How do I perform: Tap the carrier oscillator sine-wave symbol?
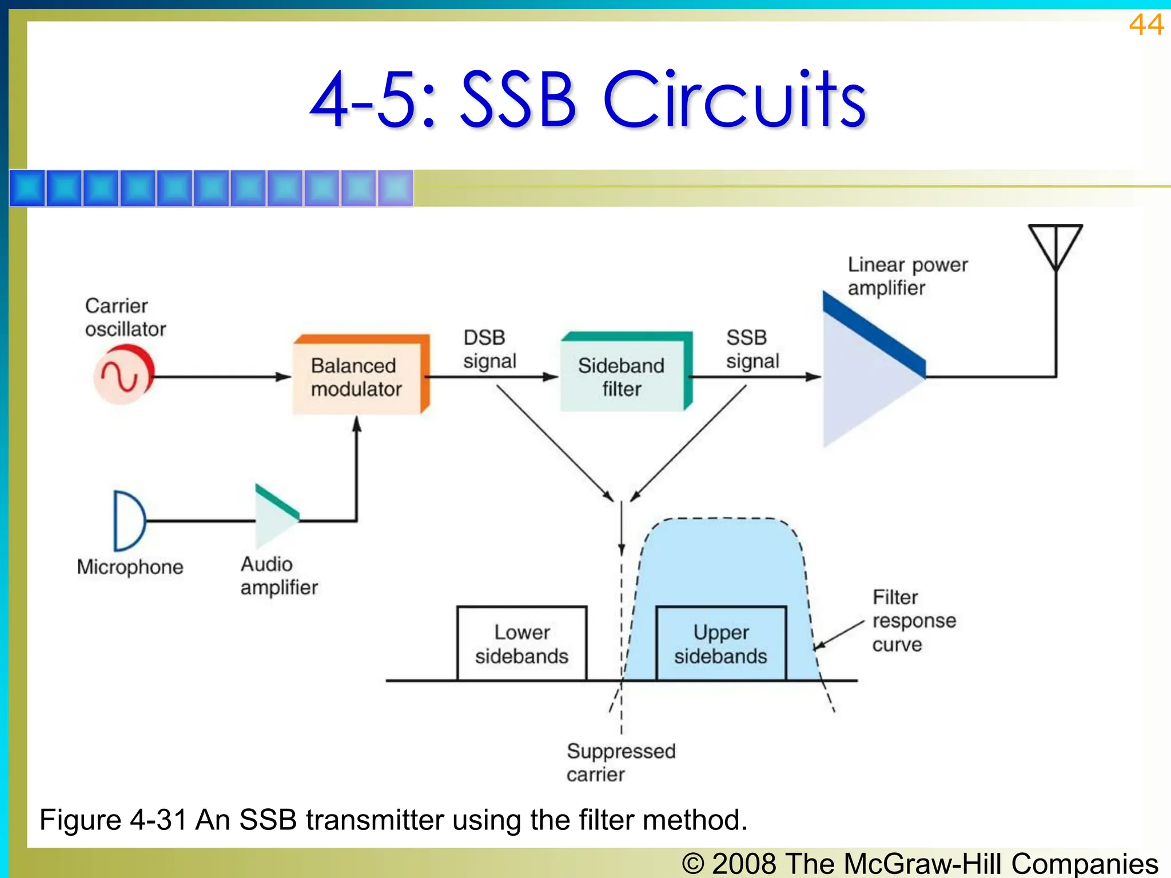coord(122,376)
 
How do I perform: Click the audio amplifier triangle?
coord(275,517)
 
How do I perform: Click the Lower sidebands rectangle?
coord(521,644)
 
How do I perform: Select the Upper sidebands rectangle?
coord(720,644)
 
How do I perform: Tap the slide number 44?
coord(1146,25)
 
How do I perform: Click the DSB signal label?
coord(489,349)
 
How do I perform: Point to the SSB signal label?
coord(752,349)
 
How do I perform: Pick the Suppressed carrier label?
coord(620,763)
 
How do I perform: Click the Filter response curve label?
coord(913,621)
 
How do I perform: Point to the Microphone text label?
coord(130,567)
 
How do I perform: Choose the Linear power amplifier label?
coord(907,276)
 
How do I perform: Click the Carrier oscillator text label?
coord(125,317)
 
